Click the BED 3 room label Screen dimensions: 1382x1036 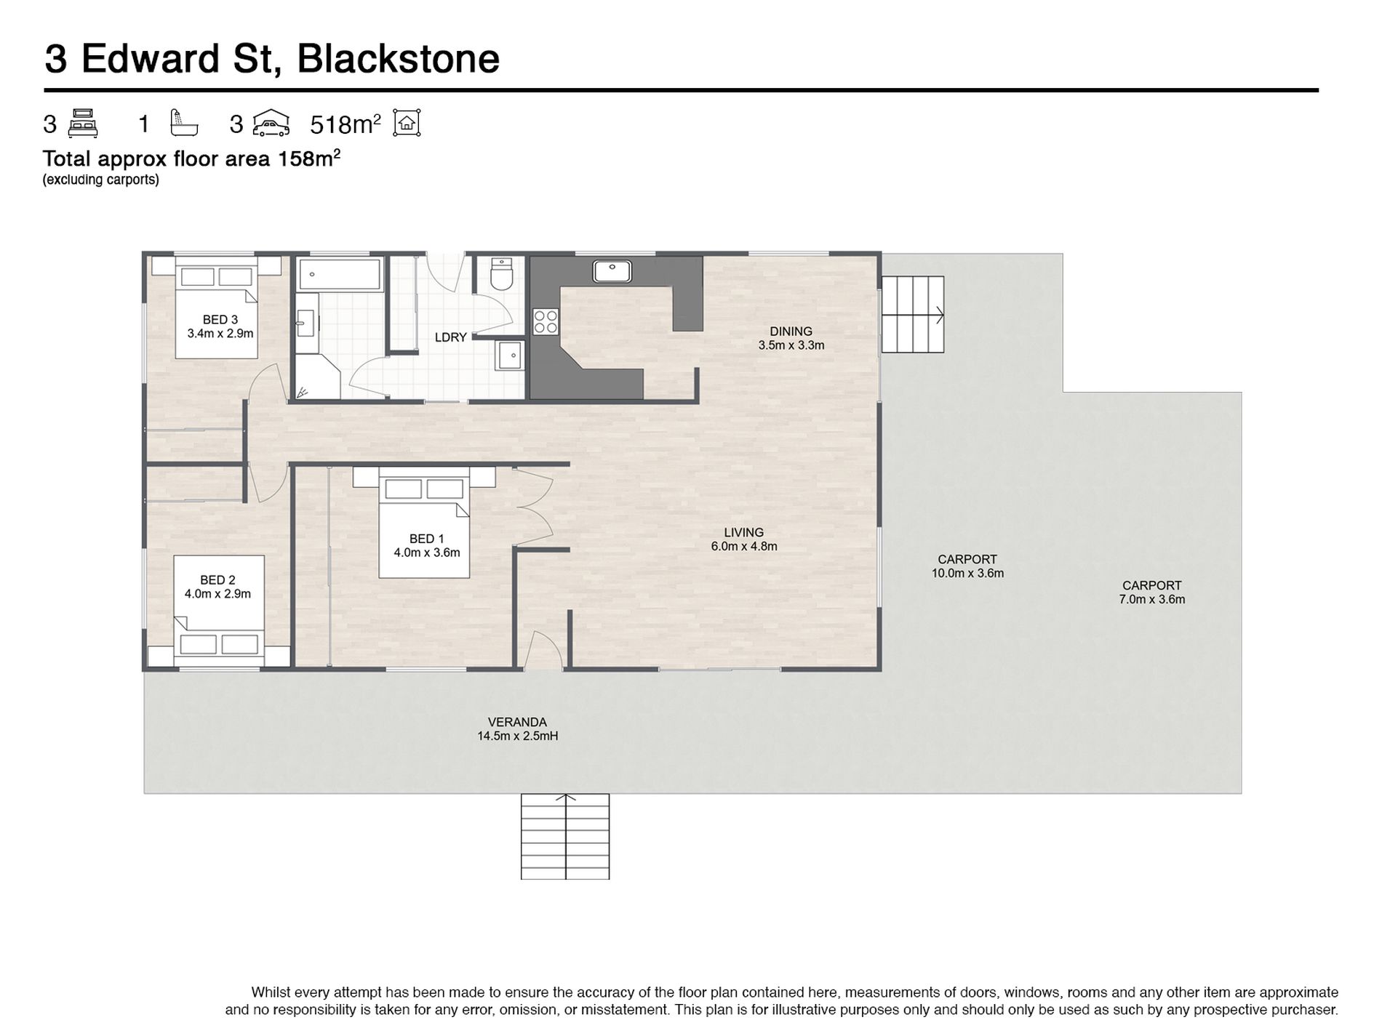coord(220,319)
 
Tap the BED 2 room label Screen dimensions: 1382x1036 coord(217,580)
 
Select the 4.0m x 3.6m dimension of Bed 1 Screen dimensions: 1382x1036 coord(427,553)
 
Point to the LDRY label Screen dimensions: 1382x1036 coord(450,337)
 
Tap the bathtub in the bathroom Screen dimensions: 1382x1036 coord(340,275)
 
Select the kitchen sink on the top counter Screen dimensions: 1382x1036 coord(612,271)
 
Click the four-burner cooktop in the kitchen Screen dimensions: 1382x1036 coord(546,321)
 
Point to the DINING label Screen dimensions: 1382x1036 coord(791,332)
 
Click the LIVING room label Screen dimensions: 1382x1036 coord(743,532)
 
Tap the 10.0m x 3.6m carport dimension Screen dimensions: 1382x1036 coord(967,573)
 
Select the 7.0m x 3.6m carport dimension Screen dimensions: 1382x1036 coord(1151,600)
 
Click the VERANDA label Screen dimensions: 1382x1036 coord(517,722)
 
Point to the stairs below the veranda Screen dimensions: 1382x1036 coord(565,837)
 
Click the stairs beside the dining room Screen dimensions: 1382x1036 coord(913,315)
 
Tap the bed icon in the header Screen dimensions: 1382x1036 coord(83,124)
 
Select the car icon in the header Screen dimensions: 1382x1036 coord(271,124)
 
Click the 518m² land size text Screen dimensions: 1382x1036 coord(345,124)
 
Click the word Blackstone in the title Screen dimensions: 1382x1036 coord(398,59)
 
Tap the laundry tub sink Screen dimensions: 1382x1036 coord(511,356)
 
